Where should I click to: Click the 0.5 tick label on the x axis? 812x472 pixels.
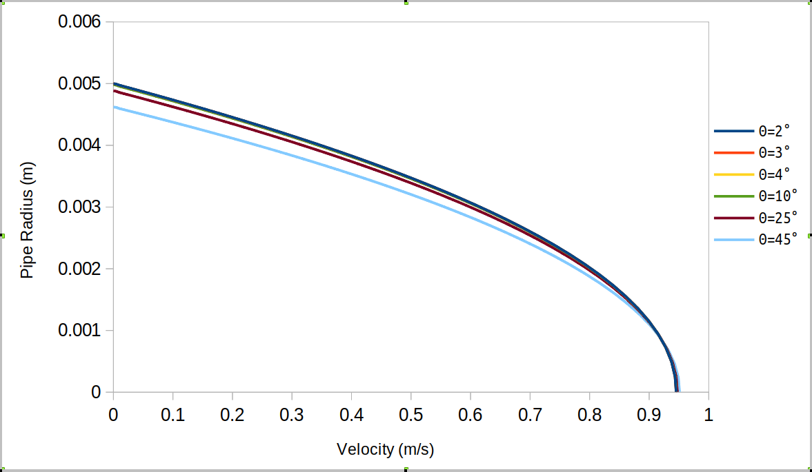[410, 415]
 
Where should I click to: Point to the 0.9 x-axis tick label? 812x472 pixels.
[648, 415]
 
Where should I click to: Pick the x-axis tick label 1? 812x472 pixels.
[708, 415]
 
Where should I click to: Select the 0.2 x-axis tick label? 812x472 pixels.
[232, 415]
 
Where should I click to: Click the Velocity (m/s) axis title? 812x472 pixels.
[385, 450]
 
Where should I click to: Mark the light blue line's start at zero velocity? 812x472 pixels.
[114, 107]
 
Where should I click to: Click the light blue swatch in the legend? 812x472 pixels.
[733, 240]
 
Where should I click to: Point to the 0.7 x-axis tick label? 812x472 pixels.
[529, 415]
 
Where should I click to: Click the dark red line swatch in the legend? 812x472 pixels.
[733, 218]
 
